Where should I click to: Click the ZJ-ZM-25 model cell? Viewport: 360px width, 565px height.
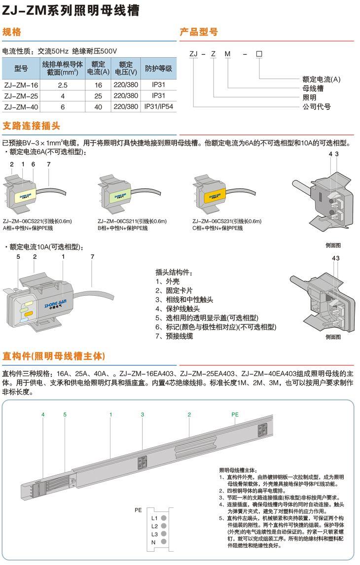coord(21,96)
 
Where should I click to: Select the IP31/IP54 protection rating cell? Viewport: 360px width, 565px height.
coord(159,106)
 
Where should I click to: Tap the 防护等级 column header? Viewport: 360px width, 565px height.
coord(159,68)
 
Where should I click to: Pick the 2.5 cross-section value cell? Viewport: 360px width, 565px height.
coord(63,85)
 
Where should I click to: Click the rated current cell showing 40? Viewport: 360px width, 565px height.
coord(98,106)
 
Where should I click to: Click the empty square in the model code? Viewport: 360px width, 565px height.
coord(259,54)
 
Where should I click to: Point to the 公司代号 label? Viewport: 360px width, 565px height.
coord(317,106)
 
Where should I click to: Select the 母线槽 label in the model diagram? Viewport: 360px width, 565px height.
coord(313,88)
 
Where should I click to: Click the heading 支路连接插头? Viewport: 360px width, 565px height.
coord(32,126)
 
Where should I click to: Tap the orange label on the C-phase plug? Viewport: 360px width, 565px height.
coord(215,196)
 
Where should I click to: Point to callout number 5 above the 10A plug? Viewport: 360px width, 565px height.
coord(18,256)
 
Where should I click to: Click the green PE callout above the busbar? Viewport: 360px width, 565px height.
coord(235,414)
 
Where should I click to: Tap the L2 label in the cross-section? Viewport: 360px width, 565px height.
coord(154,526)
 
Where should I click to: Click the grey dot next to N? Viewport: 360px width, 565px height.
coord(164,541)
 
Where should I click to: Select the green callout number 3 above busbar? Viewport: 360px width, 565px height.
coord(143,414)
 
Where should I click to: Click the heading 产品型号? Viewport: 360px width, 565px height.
coord(199,32)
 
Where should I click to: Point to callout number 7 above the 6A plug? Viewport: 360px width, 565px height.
coord(49,164)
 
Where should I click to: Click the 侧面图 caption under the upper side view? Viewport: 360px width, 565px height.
coord(333,246)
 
